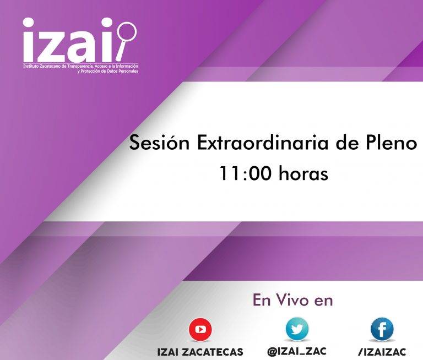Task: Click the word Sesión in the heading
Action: click(x=159, y=143)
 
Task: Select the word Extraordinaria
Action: click(x=263, y=143)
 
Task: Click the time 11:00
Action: click(x=245, y=173)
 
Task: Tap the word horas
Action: click(x=303, y=173)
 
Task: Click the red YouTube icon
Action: click(x=200, y=330)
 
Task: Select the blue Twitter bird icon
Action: click(x=297, y=329)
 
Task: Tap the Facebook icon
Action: click(x=382, y=329)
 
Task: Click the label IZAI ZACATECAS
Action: click(x=200, y=352)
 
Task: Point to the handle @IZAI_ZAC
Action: click(x=297, y=351)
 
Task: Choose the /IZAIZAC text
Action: click(x=382, y=352)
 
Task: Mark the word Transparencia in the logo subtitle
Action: click(x=81, y=66)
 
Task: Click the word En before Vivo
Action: click(x=262, y=300)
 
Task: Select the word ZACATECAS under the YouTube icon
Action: click(x=212, y=352)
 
